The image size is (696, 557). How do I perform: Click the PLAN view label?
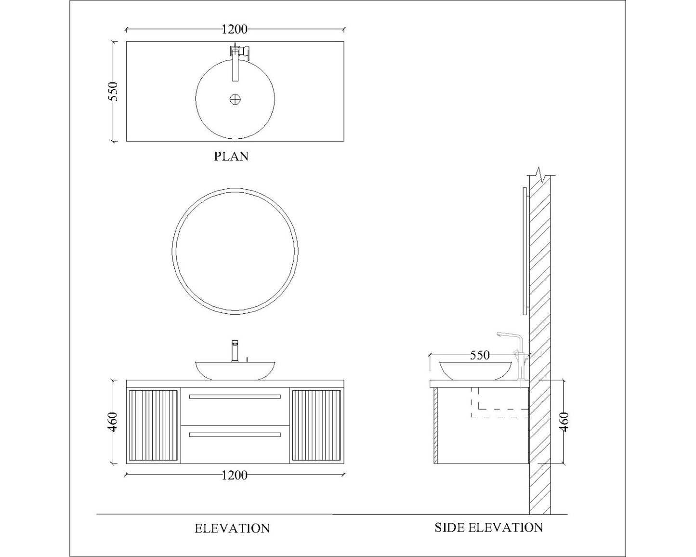231,157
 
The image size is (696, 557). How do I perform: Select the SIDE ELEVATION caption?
488,528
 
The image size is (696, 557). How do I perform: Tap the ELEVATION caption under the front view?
232,529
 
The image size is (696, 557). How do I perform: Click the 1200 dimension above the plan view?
235,29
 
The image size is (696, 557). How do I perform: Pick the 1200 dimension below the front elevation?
235,476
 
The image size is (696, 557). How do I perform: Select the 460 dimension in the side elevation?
565,422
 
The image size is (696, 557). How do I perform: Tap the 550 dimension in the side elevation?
479,356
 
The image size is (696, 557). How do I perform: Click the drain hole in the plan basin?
235,100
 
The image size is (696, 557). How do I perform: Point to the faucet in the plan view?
236,60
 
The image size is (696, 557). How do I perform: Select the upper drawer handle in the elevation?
235,397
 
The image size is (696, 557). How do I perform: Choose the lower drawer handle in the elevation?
235,435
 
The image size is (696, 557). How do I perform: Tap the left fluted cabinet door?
153,425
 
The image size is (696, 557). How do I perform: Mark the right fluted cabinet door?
316,425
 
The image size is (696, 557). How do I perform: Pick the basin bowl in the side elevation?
475,370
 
